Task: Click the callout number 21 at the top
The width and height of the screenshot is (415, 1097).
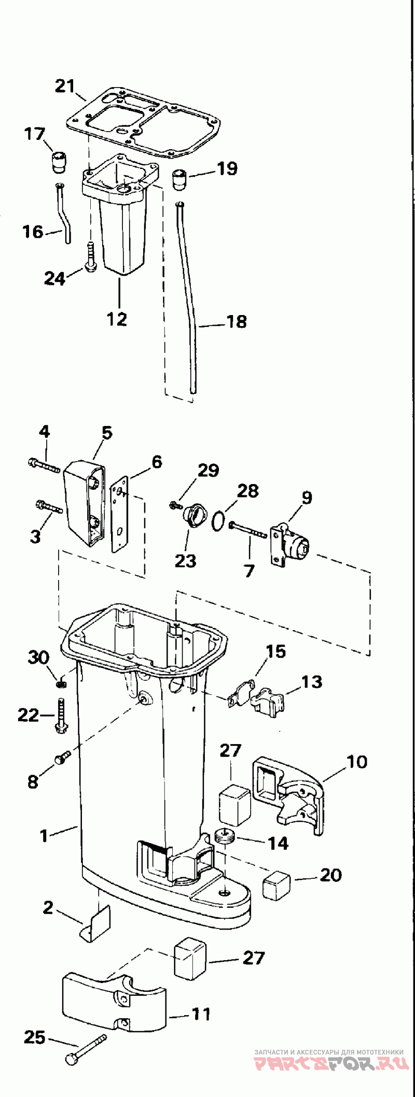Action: (x=65, y=86)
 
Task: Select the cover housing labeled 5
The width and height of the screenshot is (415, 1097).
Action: (x=84, y=502)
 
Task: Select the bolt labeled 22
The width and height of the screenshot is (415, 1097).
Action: (x=61, y=714)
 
